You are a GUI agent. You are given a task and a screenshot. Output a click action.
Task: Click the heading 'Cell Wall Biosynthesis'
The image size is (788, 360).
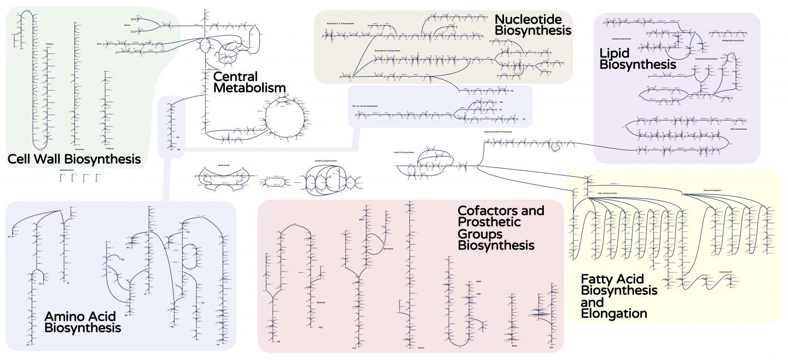pyautogui.click(x=74, y=159)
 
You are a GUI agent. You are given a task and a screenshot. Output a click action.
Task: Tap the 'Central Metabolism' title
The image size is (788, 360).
pyautogui.click(x=250, y=82)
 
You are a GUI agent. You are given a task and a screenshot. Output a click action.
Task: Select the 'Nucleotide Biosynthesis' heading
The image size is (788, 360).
pyautogui.click(x=532, y=25)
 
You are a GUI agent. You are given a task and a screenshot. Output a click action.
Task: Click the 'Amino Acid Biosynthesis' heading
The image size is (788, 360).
pyautogui.click(x=83, y=322)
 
